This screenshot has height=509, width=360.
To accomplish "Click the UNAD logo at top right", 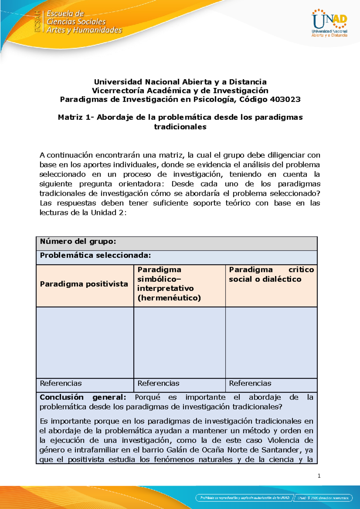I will pyautogui.click(x=329, y=23).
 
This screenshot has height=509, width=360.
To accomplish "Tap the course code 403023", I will pyautogui.click(x=285, y=100).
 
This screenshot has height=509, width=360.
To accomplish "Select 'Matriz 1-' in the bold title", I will pyautogui.click(x=76, y=117).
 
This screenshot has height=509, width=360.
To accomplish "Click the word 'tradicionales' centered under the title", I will pyautogui.click(x=180, y=127).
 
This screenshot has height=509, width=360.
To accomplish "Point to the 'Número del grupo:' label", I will pyautogui.click(x=78, y=242).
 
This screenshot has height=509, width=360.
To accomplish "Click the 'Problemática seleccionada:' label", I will pyautogui.click(x=95, y=255).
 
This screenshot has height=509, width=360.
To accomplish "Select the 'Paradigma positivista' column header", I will pyautogui.click(x=84, y=284).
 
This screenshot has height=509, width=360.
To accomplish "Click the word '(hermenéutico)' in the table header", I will pyautogui.click(x=169, y=298).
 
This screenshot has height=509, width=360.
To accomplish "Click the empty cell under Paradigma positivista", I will pyautogui.click(x=85, y=342).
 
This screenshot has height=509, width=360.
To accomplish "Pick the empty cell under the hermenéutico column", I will pyautogui.click(x=179, y=342).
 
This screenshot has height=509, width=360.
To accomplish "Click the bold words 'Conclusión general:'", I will pyautogui.click(x=83, y=397).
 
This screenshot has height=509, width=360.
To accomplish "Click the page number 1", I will pyautogui.click(x=319, y=476).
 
